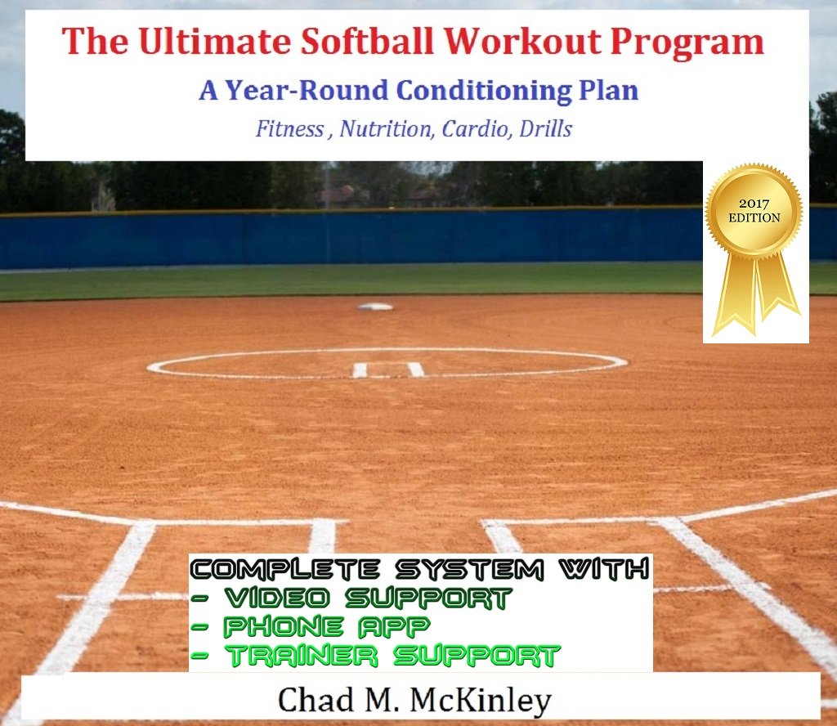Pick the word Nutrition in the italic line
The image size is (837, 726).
[x=378, y=129]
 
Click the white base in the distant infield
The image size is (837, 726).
[x=375, y=307]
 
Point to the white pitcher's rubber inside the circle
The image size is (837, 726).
[x=388, y=370]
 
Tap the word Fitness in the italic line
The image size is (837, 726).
[x=289, y=129]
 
